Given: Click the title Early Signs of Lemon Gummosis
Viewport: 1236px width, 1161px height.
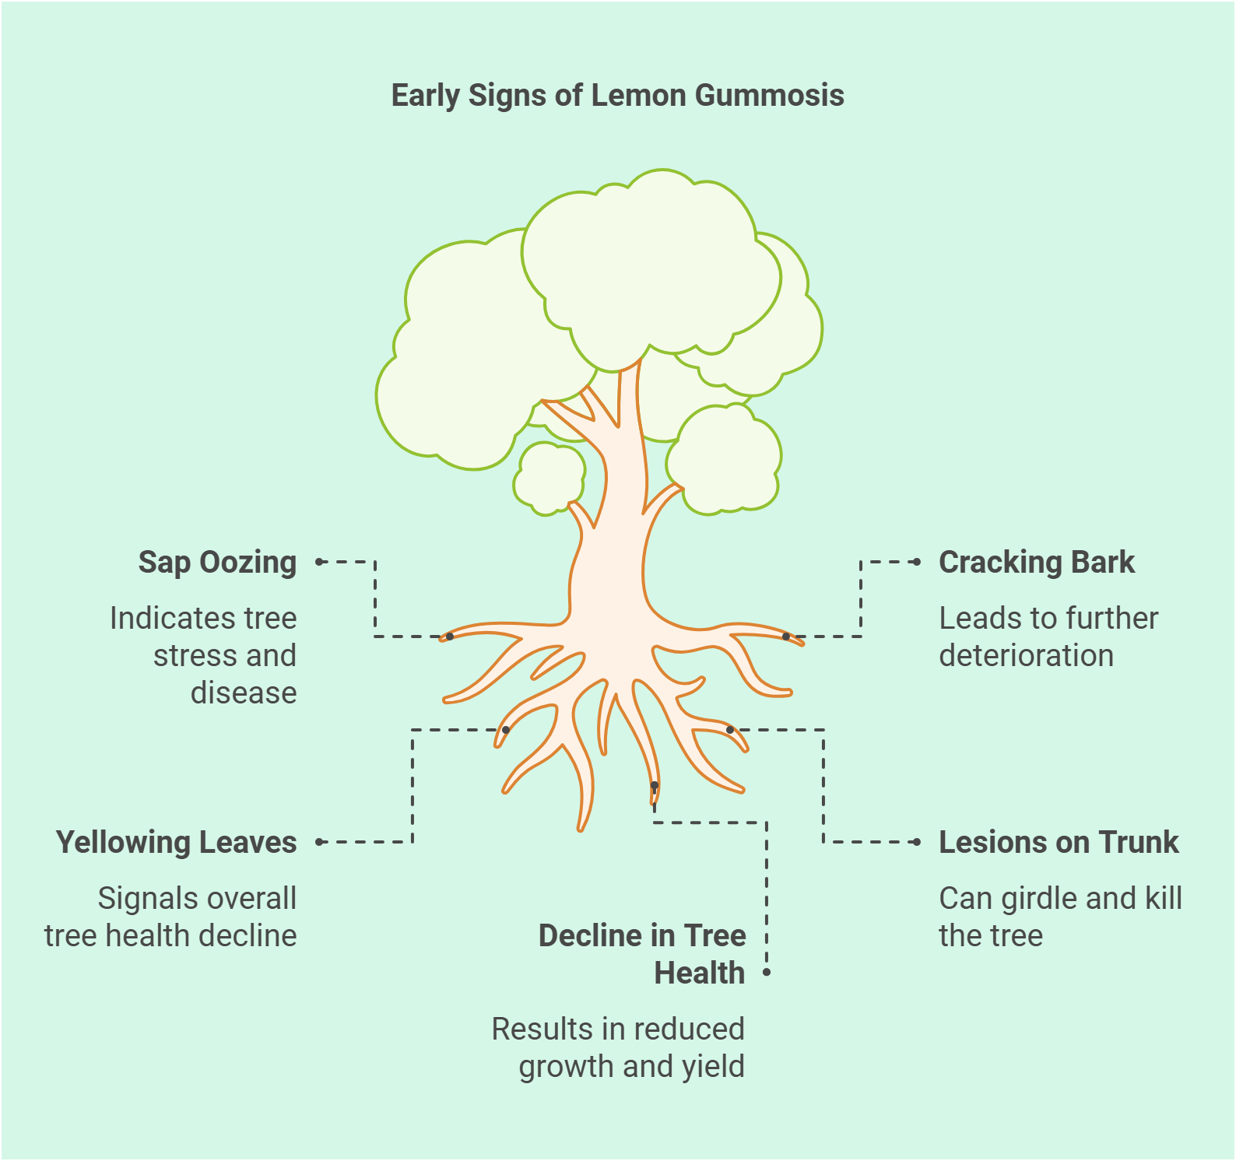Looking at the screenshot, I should pyautogui.click(x=617, y=96).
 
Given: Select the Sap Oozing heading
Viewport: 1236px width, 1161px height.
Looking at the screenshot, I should pyautogui.click(x=217, y=562).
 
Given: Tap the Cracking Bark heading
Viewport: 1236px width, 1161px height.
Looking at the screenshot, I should pyautogui.click(x=1036, y=562).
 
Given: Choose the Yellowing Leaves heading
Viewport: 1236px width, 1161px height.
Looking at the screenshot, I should pyautogui.click(x=176, y=842).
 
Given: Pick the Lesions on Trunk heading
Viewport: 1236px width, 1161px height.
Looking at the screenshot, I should pyautogui.click(x=1059, y=842).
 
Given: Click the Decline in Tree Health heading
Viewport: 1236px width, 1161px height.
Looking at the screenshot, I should pyautogui.click(x=642, y=954).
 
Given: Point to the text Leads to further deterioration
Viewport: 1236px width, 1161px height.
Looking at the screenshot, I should pyautogui.click(x=1048, y=637).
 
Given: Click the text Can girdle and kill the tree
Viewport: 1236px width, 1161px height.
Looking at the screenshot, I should pyautogui.click(x=1060, y=917).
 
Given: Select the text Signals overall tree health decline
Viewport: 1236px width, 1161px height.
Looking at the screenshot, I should pyautogui.click(x=170, y=917).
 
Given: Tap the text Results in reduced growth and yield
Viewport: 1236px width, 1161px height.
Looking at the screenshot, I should pyautogui.click(x=618, y=1047).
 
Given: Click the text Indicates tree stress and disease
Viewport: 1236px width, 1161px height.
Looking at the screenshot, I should pyautogui.click(x=204, y=655).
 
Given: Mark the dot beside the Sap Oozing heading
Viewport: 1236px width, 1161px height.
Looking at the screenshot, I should pyautogui.click(x=319, y=562).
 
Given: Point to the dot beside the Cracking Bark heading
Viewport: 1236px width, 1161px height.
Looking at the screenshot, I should pyautogui.click(x=918, y=562).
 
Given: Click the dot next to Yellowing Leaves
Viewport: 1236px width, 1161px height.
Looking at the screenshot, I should pyautogui.click(x=319, y=842).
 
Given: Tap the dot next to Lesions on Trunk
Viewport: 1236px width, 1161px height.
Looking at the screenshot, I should pyautogui.click(x=918, y=842).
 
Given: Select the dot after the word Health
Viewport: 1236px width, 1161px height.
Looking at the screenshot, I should pyautogui.click(x=767, y=973).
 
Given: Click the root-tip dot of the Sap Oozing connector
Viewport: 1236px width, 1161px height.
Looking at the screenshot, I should pyautogui.click(x=450, y=637).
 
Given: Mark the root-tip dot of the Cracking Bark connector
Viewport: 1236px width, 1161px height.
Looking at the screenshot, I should pyautogui.click(x=786, y=637).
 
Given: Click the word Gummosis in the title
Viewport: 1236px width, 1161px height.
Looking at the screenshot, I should pyautogui.click(x=769, y=96).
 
